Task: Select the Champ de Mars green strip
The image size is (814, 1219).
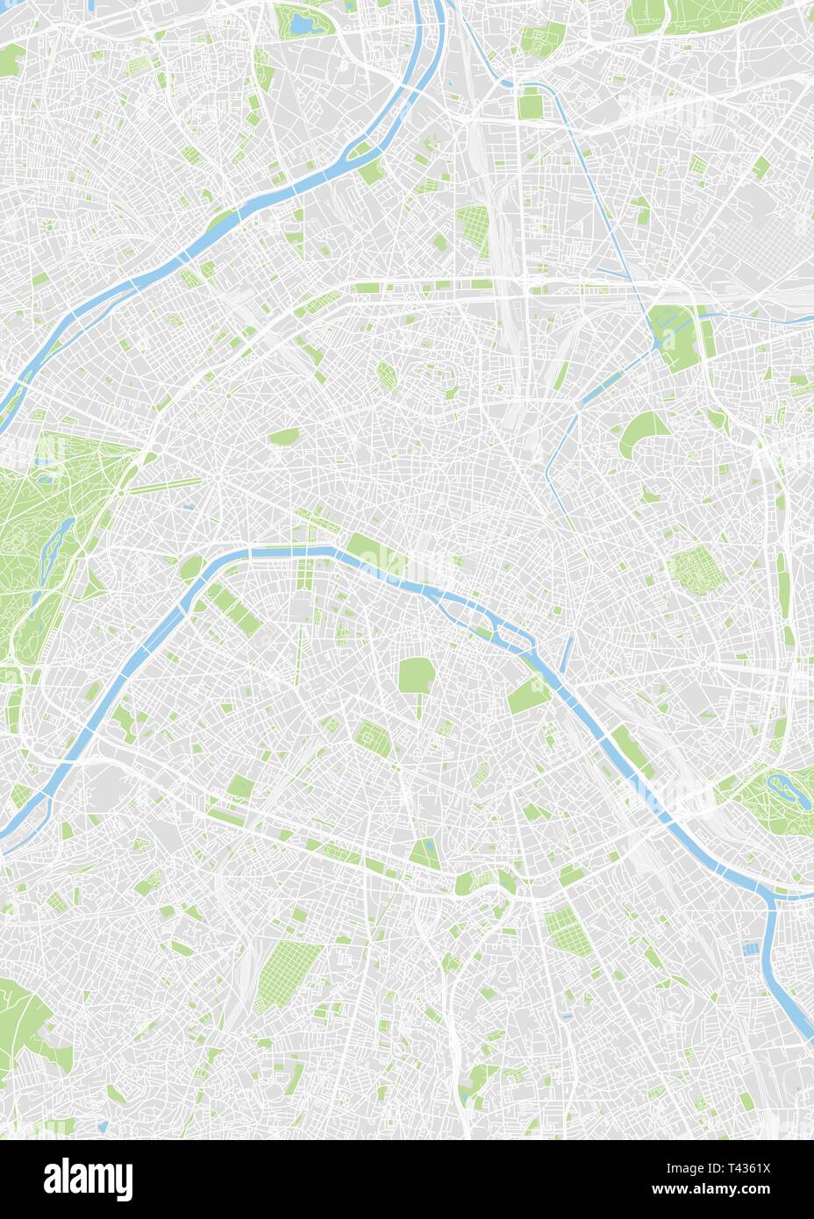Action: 235,609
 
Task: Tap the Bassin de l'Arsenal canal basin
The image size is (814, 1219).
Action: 565,649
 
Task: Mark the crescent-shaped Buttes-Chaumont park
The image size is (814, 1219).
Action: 645,433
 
